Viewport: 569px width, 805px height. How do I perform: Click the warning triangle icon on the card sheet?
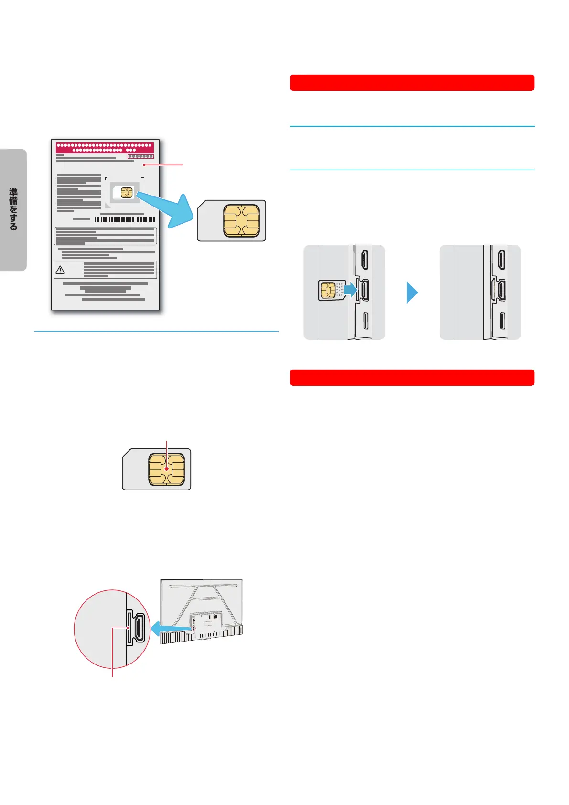60,270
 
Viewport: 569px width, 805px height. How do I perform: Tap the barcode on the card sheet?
125,219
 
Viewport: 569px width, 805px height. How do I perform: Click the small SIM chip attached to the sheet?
127,193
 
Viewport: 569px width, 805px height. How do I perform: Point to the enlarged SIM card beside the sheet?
232,221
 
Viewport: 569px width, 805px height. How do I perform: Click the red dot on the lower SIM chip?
166,469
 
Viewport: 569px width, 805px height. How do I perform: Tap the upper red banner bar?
412,83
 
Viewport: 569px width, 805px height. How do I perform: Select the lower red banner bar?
412,378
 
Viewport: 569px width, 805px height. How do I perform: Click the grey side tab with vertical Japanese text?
13,210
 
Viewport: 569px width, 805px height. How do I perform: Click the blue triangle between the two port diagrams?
412,293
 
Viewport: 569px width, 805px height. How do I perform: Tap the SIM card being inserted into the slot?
331,290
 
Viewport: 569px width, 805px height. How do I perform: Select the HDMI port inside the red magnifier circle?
139,627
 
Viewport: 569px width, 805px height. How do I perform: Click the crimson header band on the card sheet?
105,147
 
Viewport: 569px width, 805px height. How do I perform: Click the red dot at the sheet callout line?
144,165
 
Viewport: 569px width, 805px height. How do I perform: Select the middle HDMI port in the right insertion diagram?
502,290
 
